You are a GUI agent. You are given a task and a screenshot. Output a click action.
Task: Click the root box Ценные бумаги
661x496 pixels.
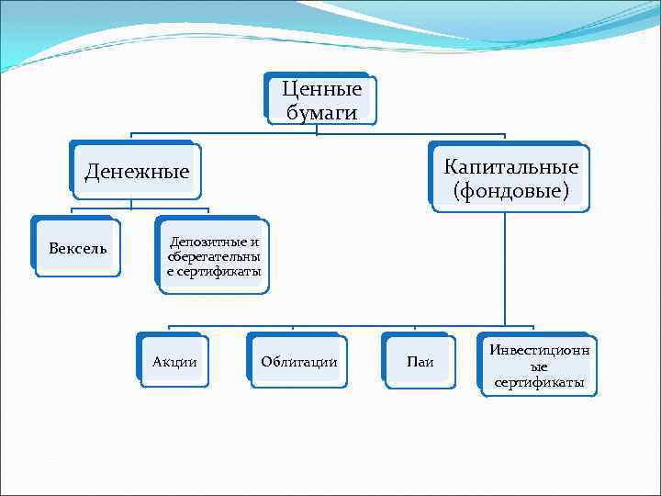[321, 99]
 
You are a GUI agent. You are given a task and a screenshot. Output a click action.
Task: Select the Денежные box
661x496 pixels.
[137, 171]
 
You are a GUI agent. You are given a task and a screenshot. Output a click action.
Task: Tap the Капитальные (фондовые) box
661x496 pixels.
[510, 179]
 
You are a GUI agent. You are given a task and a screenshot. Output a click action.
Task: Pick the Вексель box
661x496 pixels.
[77, 248]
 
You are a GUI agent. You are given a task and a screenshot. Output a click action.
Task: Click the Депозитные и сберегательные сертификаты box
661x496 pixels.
[213, 257]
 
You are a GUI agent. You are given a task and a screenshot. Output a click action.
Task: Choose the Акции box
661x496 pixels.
[174, 361]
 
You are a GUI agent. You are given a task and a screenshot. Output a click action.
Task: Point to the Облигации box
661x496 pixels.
[298, 361]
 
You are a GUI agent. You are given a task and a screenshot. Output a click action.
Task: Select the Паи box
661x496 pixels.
[420, 362]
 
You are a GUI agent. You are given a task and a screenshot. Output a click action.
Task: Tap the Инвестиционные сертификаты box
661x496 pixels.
[540, 366]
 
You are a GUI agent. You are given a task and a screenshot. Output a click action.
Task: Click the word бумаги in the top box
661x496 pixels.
[321, 111]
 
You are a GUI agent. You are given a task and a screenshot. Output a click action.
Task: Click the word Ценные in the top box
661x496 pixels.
[321, 89]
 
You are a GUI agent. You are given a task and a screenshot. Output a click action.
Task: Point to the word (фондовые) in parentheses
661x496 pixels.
[510, 191]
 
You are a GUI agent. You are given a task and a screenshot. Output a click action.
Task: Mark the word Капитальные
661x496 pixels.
[510, 167]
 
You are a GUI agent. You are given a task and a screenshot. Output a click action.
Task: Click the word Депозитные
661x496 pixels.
[214, 242]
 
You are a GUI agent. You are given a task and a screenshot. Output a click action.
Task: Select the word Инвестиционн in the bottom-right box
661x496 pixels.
[540, 350]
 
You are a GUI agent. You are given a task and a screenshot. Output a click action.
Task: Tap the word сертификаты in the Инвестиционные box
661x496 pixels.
[540, 382]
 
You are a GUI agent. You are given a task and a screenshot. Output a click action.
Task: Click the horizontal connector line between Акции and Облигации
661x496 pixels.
[234, 326]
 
